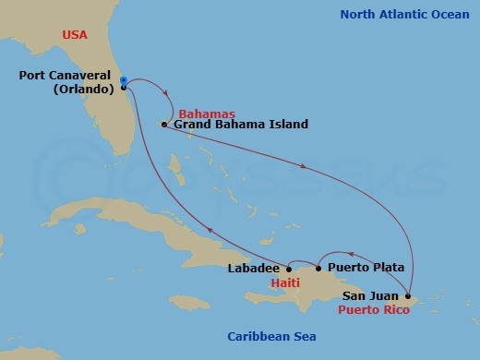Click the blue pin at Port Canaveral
pos(123,81)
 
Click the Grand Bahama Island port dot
pos(163,124)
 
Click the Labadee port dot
pos(289,269)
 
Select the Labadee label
pos(252,269)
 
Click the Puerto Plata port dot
pos(318,269)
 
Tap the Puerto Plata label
pos(365,268)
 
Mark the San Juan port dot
pos(407,296)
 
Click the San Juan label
pos(371,296)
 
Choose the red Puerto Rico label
pos(373,310)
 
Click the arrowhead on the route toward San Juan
pos(306,166)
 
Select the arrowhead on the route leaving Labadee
pos(209,231)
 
